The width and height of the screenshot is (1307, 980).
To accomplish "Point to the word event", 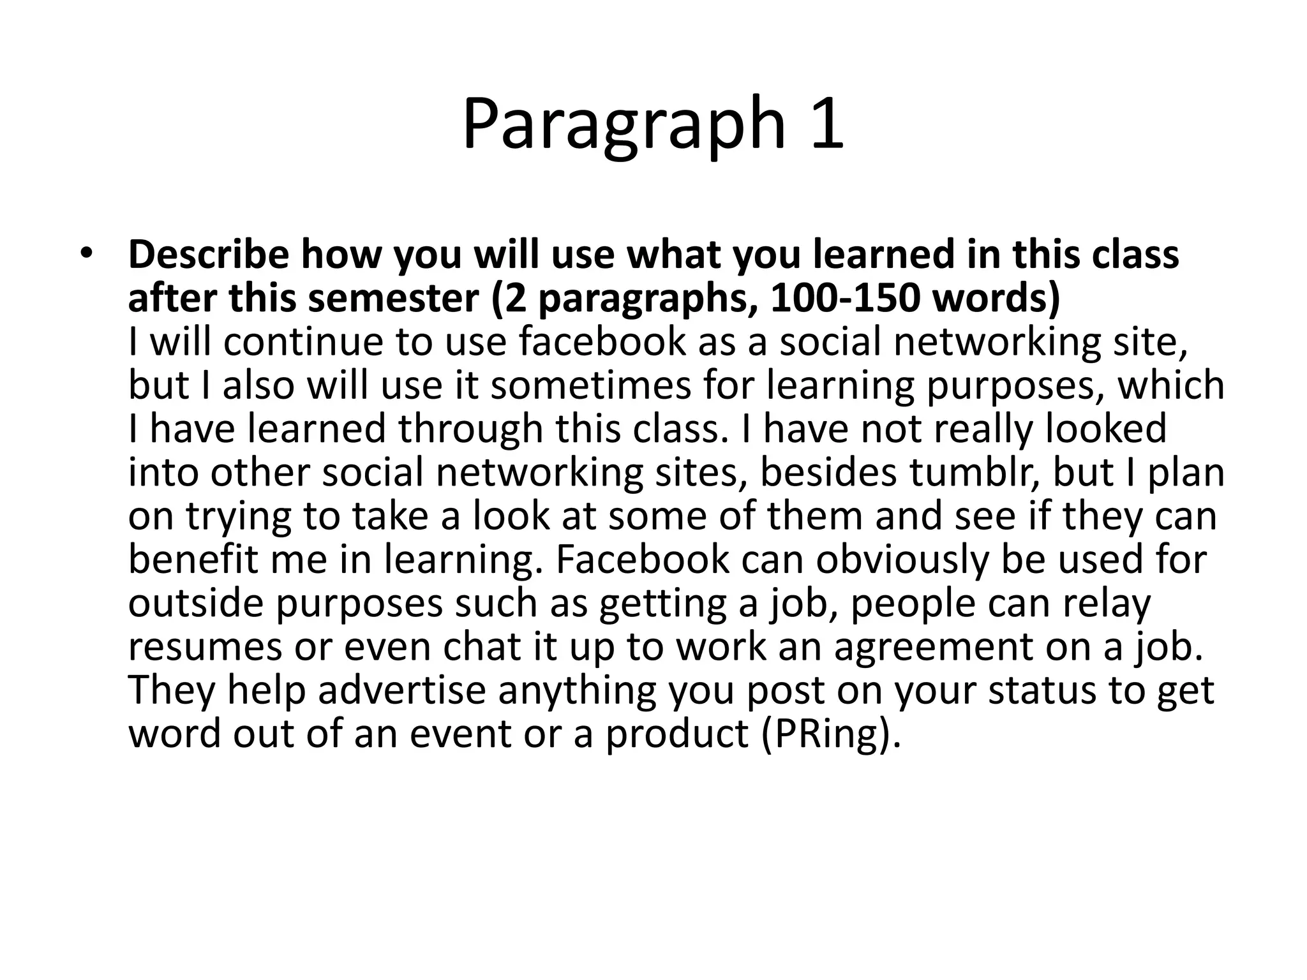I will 460,734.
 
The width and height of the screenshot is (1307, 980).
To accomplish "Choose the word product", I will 676,734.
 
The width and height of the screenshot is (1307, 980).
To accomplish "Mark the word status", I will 1043,690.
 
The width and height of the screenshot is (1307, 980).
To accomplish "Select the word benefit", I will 192,560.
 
